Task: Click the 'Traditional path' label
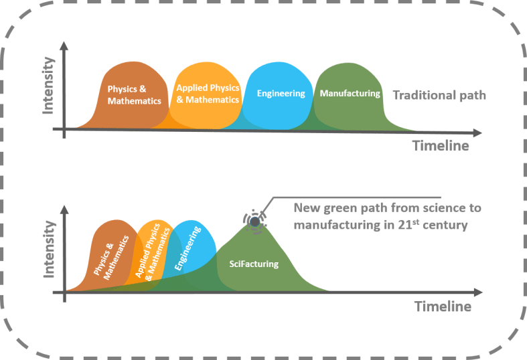(x=439, y=95)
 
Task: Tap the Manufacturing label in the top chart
(x=350, y=94)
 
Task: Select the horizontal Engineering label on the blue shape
(x=281, y=94)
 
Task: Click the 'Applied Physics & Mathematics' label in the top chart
(x=208, y=94)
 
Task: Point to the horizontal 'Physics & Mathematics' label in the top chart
(x=135, y=95)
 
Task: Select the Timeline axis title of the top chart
(x=440, y=146)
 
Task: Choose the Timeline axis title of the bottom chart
(x=443, y=307)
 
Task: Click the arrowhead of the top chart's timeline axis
(x=477, y=131)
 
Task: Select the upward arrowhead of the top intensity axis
(x=64, y=48)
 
